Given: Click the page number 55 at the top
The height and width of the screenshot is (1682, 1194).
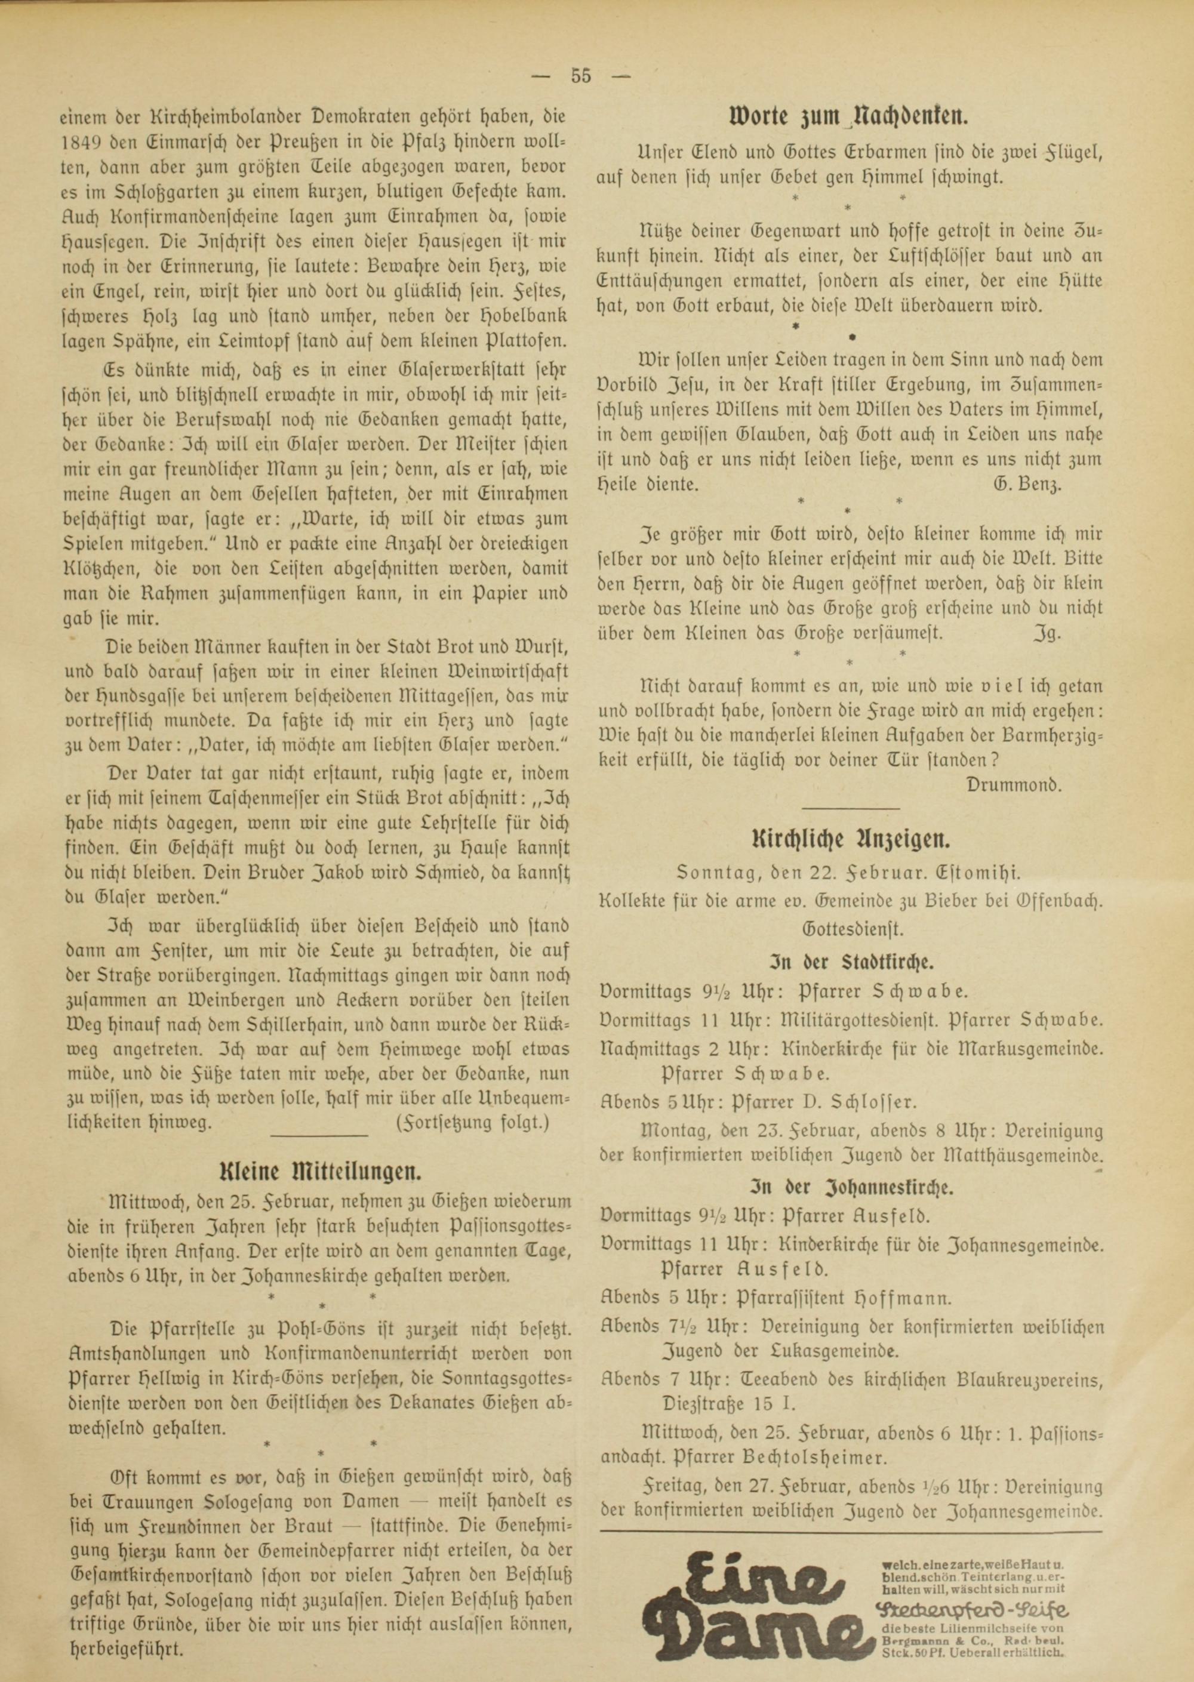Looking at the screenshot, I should click(580, 76).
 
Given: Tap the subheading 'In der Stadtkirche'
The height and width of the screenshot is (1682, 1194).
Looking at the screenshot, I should click(851, 961).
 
